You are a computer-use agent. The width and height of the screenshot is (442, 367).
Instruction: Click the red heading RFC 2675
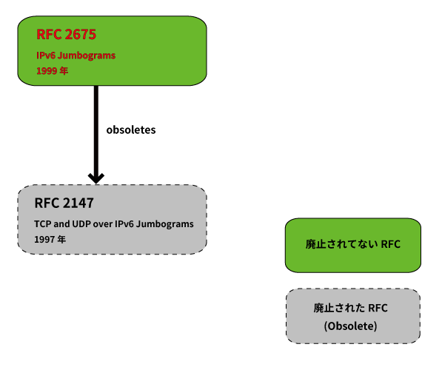point(66,34)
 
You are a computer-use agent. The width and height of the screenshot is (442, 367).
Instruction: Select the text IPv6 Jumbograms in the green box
point(76,55)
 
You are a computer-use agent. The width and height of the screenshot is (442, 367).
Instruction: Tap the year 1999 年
point(52,71)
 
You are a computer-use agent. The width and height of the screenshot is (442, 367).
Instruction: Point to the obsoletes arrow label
point(131,129)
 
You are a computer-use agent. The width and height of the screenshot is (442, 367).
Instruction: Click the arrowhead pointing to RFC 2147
point(96,178)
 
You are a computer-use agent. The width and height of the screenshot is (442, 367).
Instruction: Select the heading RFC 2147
point(64,203)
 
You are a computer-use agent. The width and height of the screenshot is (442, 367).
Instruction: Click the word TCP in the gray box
point(42,224)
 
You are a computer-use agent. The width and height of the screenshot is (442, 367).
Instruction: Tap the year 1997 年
point(50,240)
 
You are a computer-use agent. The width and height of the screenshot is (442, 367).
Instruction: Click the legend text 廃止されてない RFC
point(353,244)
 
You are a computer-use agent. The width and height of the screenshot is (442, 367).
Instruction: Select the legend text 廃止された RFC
point(350,308)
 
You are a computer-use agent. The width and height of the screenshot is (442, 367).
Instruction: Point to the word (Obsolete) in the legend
point(350,326)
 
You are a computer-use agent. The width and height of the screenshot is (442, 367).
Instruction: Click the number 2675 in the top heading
point(81,34)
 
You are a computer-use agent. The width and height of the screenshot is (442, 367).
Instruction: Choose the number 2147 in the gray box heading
point(78,203)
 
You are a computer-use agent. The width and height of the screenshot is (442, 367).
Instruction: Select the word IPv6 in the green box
point(46,55)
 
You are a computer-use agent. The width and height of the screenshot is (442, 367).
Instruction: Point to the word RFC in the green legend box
point(391,244)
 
